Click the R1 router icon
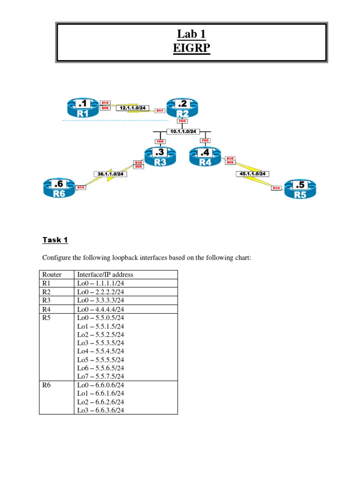[x=82, y=108]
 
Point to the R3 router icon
[x=161, y=157]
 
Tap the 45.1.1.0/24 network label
[x=252, y=174]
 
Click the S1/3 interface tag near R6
[x=81, y=187]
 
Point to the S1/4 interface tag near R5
[x=277, y=188]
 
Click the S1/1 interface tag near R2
[x=159, y=111]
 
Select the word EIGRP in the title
[x=191, y=49]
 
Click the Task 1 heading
[x=55, y=240]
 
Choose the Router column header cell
[x=52, y=275]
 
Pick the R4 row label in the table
[x=46, y=308]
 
